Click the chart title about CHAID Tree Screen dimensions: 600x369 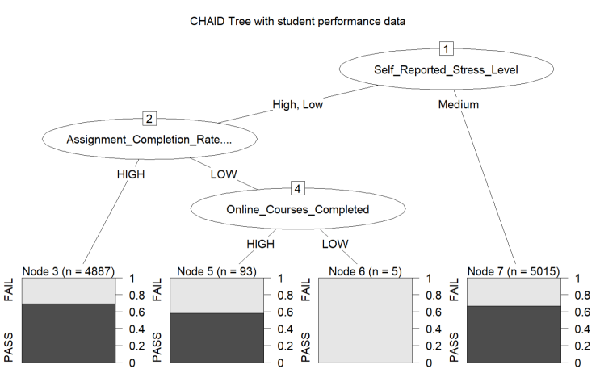[297, 21]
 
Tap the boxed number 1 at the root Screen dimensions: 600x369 [447, 48]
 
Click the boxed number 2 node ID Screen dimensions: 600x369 [149, 118]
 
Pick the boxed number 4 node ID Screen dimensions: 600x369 [298, 188]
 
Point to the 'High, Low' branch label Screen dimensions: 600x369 [298, 104]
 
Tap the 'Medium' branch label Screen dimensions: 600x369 [459, 104]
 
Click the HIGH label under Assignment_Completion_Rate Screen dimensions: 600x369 [131, 174]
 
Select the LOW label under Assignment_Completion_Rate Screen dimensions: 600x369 [224, 174]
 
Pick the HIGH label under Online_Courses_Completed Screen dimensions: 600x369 [261, 244]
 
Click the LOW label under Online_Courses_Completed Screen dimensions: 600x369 [335, 244]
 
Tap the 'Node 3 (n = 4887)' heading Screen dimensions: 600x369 [69, 271]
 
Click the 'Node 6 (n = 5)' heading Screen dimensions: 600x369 [366, 271]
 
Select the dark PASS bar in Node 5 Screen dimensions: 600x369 [217, 338]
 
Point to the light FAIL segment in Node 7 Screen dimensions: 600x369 [514, 292]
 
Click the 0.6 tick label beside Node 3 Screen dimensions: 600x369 [136, 312]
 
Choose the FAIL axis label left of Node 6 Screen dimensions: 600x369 [305, 290]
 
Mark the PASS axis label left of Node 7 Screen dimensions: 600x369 [454, 347]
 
